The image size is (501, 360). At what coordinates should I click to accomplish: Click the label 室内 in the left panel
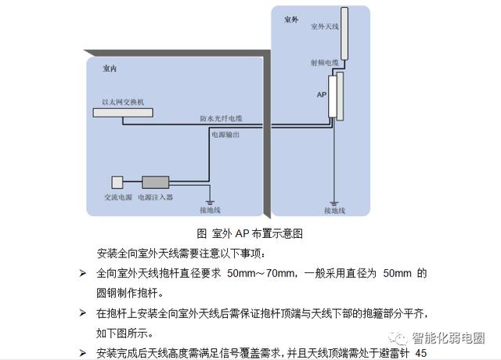[110, 70]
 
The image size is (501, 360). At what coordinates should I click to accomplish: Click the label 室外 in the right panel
[290, 19]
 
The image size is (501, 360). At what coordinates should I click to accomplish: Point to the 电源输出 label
[225, 135]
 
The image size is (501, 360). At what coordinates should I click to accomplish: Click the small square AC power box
[118, 182]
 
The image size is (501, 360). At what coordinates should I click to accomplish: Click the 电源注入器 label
[156, 198]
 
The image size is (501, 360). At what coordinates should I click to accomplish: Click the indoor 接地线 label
[211, 210]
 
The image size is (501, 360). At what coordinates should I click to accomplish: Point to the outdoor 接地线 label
[335, 210]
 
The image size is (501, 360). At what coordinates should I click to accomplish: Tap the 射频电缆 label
[324, 62]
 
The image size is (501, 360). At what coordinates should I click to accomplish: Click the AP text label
[321, 94]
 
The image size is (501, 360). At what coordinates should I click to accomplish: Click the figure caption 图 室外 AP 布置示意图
[250, 233]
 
